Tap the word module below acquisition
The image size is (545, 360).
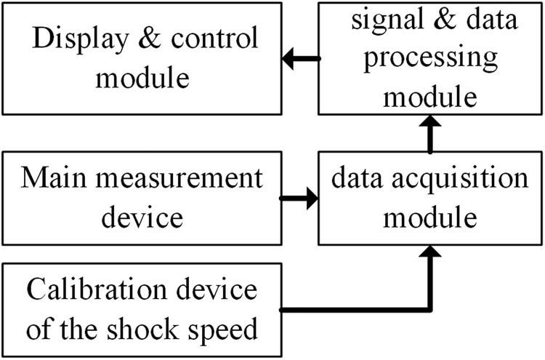click(431, 216)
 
